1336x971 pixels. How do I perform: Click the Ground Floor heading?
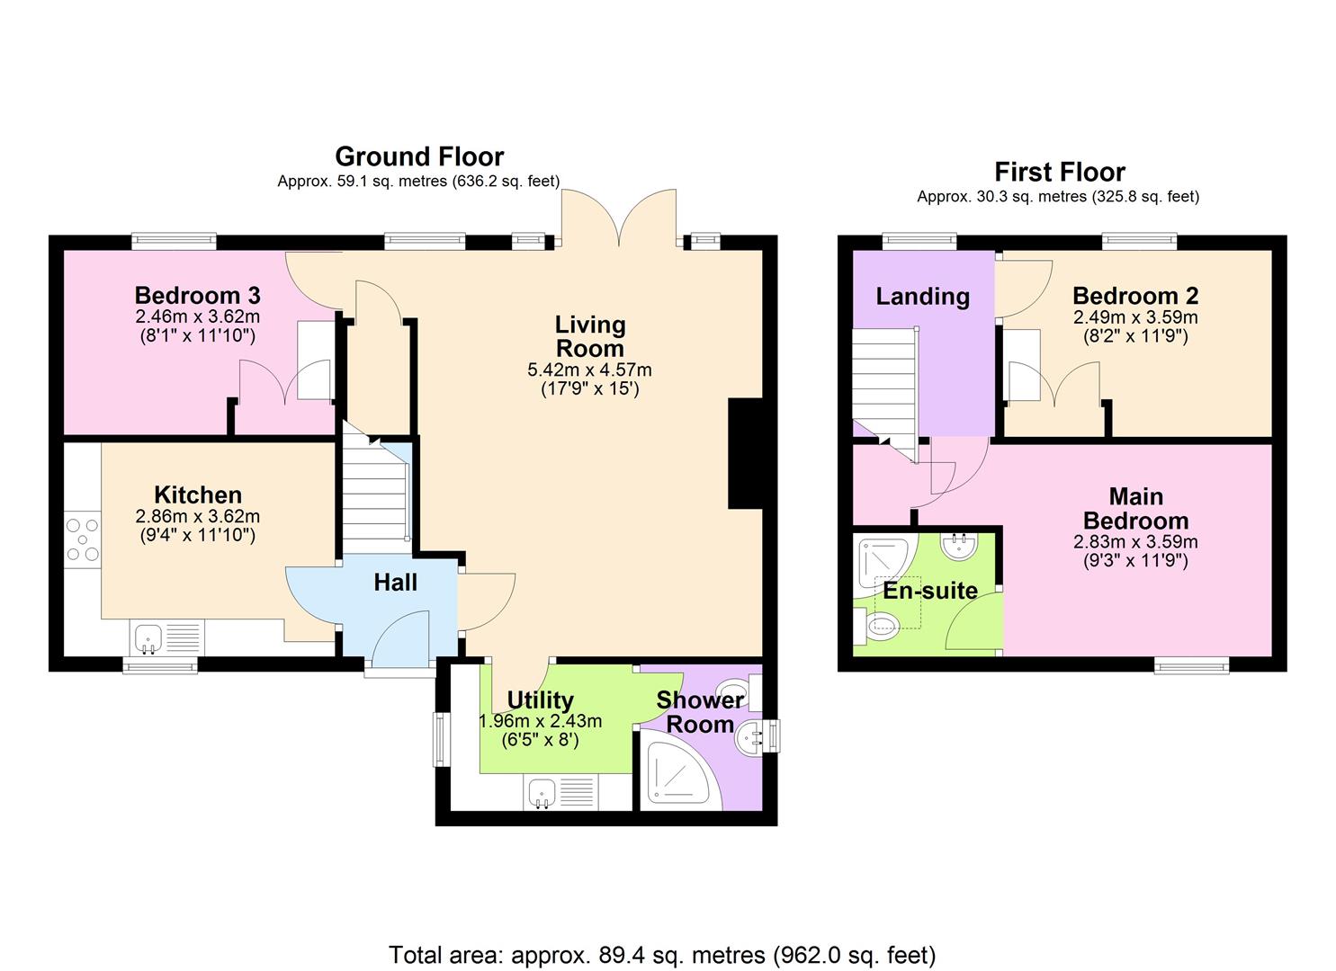pyautogui.click(x=419, y=156)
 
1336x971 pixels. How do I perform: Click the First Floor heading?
pyautogui.click(x=1059, y=172)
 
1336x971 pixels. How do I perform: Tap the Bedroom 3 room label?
pyautogui.click(x=197, y=295)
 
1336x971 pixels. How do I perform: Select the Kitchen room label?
pyautogui.click(x=198, y=494)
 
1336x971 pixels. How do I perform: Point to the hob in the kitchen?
pyautogui.click(x=82, y=539)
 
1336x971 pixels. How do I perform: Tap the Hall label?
pyautogui.click(x=395, y=583)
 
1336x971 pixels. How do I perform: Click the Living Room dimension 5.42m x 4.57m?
pyautogui.click(x=589, y=370)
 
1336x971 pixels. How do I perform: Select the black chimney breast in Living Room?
pyautogui.click(x=745, y=454)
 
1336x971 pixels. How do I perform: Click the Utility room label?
pyautogui.click(x=540, y=699)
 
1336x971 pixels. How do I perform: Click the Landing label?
pyautogui.click(x=922, y=297)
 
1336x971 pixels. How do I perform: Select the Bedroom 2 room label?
pyautogui.click(x=1135, y=296)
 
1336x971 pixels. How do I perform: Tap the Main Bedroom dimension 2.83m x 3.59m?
pyautogui.click(x=1135, y=542)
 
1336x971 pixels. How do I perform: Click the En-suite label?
pyautogui.click(x=929, y=591)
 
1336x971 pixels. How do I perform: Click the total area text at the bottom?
pyautogui.click(x=662, y=954)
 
